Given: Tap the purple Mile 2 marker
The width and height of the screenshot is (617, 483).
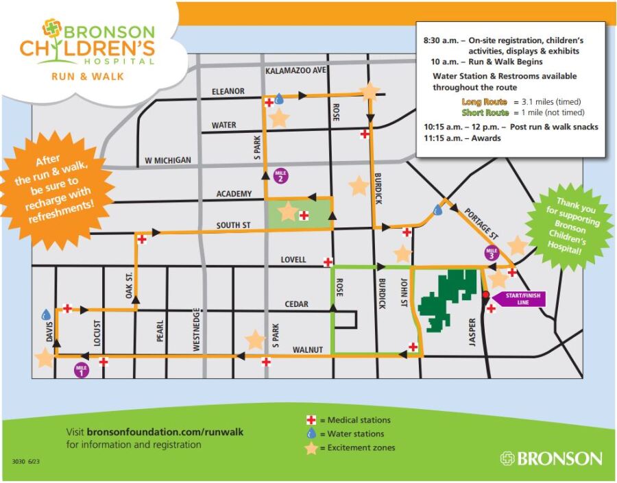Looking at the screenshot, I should click(281, 175).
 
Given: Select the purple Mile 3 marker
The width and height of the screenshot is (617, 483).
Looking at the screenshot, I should click(492, 252).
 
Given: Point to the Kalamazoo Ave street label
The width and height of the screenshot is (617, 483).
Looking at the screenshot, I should click(295, 71).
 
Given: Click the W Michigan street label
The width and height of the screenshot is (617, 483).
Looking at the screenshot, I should click(168, 160).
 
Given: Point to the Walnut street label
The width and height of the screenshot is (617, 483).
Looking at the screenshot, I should click(307, 350).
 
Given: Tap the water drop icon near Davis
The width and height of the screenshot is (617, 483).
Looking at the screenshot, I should click(46, 314).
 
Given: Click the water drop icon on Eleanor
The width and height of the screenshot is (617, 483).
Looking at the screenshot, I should click(280, 99).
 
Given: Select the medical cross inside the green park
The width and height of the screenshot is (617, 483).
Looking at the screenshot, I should click(304, 215).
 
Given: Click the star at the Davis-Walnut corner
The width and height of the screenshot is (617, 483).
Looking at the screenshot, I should click(45, 358).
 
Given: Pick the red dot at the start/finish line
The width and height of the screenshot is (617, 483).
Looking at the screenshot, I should click(486, 295).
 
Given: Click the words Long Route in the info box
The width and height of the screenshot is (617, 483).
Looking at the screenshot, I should click(484, 101).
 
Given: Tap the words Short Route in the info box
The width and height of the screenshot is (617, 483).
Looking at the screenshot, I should click(485, 112).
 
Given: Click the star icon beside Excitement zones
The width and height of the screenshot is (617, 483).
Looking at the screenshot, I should click(311, 448).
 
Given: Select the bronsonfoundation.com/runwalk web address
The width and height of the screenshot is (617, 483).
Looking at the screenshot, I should click(165, 432).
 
